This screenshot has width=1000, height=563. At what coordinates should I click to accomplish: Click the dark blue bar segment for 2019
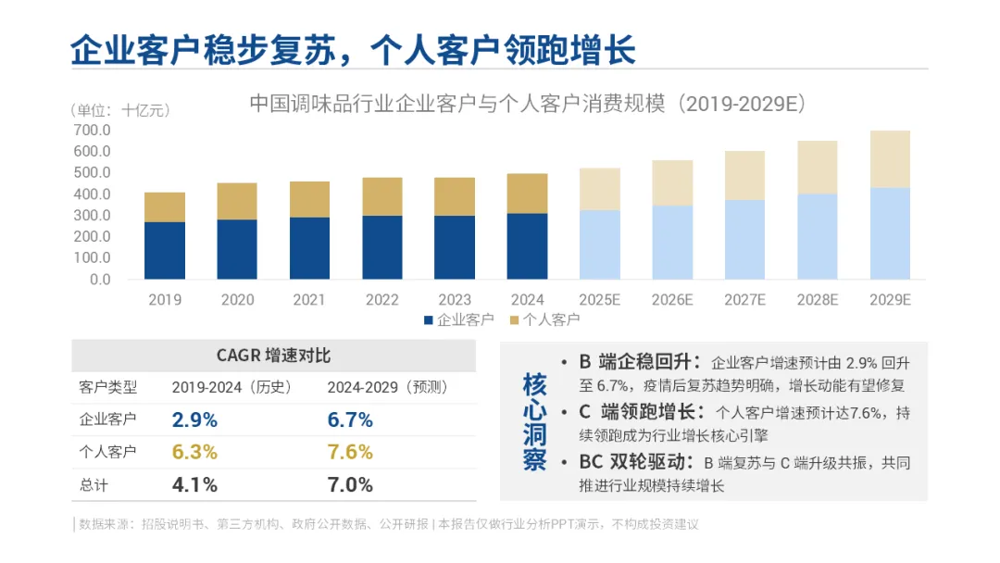[x=165, y=251]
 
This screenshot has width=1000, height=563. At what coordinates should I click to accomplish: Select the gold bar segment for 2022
[x=382, y=196]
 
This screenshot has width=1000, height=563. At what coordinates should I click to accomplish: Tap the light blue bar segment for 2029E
[x=890, y=233]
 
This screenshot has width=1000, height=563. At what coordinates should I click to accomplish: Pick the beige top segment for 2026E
[x=672, y=183]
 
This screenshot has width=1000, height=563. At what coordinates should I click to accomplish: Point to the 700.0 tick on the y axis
[x=92, y=130]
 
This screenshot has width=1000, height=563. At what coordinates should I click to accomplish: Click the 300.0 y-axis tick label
[x=92, y=216]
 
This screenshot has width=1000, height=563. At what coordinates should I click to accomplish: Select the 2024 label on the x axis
[x=528, y=300]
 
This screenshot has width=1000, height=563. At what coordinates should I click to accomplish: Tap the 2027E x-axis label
[x=744, y=300]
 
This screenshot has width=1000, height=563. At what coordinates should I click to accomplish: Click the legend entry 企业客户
[x=459, y=319]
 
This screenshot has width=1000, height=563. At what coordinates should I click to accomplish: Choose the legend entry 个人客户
[x=544, y=319]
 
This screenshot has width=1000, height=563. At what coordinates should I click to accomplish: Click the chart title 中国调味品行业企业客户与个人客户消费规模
[x=457, y=104]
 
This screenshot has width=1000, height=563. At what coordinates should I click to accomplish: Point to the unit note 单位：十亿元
[x=119, y=110]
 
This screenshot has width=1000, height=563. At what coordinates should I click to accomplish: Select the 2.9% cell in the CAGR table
[x=194, y=419]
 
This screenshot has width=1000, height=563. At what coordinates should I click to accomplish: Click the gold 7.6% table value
[x=350, y=452]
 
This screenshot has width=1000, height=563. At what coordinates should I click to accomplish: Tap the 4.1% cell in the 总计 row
[x=194, y=485]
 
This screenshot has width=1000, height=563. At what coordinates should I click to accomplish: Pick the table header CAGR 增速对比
[x=273, y=356]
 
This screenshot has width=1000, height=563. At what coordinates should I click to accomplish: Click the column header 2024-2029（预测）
[x=388, y=387]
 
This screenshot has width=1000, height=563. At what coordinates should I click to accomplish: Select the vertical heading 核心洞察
[x=534, y=421]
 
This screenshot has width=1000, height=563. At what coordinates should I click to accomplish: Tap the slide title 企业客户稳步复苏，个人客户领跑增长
[x=354, y=50]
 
